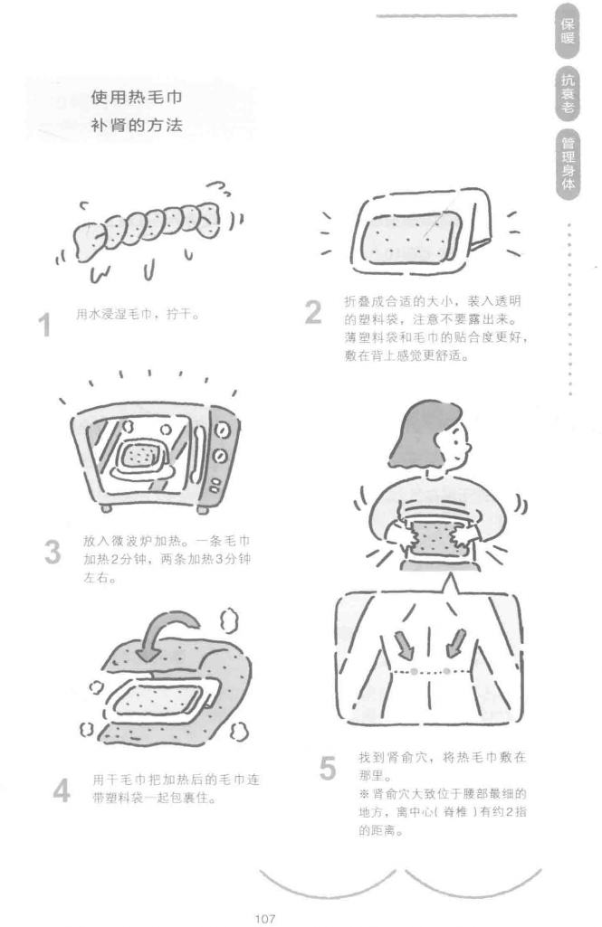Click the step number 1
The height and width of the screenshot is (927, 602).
click(x=44, y=326)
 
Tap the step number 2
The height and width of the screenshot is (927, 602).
click(x=313, y=312)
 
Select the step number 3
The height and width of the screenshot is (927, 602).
click(x=53, y=553)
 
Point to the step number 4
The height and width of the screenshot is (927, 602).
click(x=62, y=790)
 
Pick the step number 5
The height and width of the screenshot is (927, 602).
click(x=328, y=769)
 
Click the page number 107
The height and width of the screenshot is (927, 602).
click(x=264, y=918)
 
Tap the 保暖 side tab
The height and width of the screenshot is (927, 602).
click(x=568, y=32)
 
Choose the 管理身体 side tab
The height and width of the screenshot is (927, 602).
click(x=568, y=163)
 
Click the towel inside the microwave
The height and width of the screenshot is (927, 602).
click(x=142, y=457)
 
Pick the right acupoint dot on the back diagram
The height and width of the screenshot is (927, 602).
click(x=446, y=670)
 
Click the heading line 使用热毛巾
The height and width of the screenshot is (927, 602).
click(x=137, y=97)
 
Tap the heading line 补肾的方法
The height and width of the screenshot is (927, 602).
click(x=137, y=126)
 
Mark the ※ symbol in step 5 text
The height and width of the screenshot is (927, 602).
click(x=364, y=793)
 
